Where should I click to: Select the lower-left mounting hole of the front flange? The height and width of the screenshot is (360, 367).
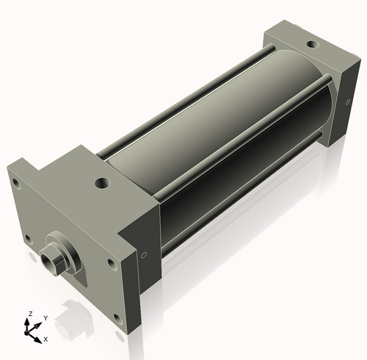tap(28, 238)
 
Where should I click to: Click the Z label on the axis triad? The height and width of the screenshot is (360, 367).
tap(29, 314)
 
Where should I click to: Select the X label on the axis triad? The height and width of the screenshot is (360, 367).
tap(46, 339)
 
